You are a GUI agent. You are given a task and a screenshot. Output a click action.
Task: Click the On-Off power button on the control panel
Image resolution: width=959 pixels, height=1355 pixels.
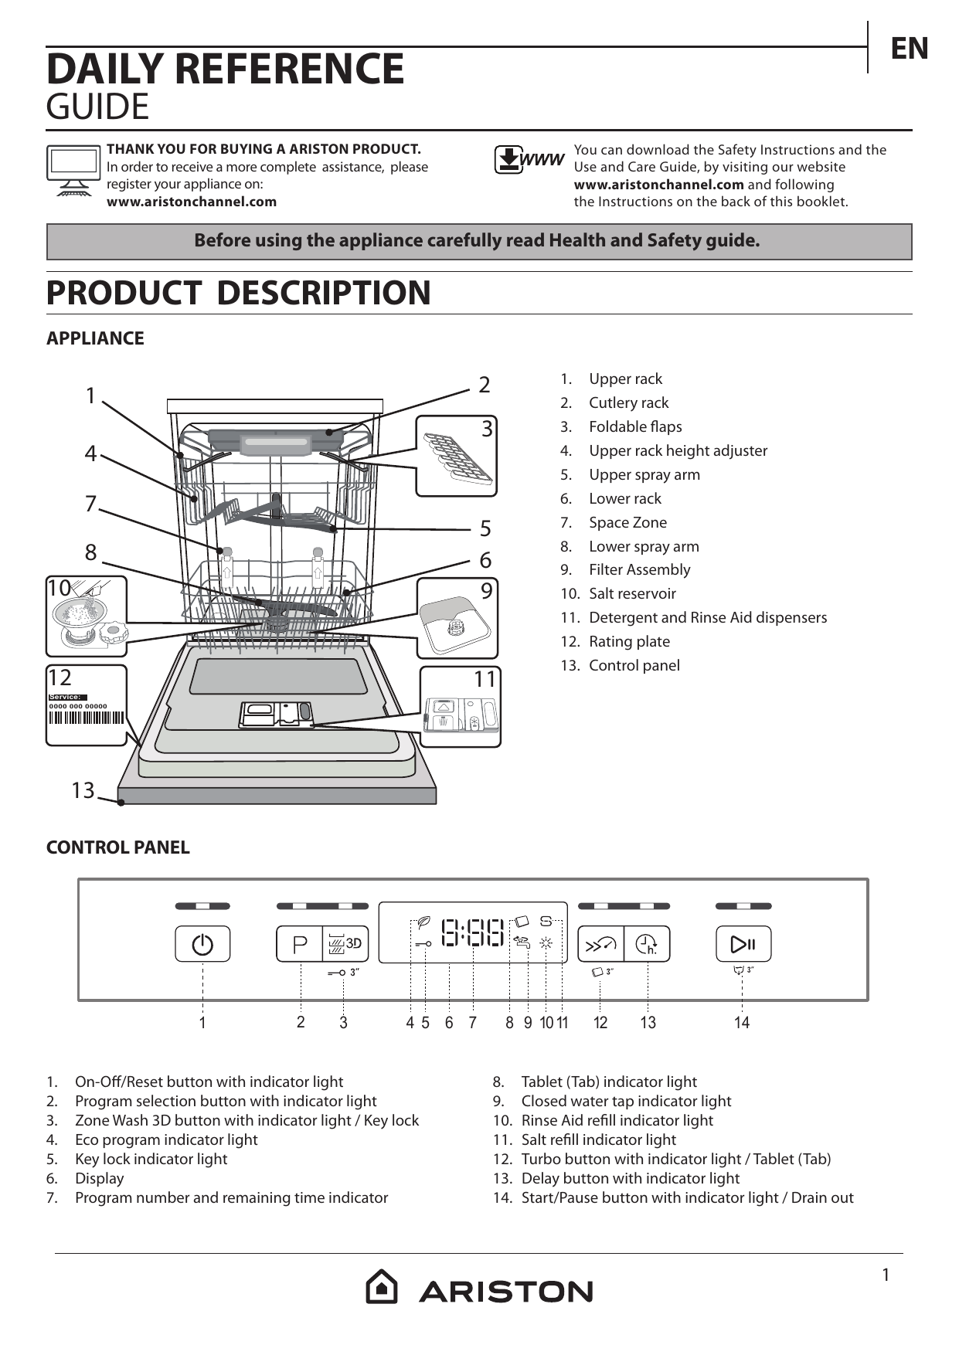point(202,943)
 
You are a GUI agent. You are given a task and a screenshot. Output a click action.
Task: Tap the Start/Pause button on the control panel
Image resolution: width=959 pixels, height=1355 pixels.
point(743,943)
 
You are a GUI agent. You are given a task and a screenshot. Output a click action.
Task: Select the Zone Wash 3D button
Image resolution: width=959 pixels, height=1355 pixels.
point(345,943)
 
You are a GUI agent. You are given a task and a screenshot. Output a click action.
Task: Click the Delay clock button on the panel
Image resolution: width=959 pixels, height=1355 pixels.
point(647,943)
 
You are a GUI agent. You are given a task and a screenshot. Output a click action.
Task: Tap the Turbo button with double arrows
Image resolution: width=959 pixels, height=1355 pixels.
point(601,943)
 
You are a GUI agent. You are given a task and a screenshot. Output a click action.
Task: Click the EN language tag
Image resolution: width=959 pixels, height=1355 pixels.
point(910,49)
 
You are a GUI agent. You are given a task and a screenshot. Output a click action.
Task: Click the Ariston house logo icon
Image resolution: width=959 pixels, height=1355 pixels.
point(382,1286)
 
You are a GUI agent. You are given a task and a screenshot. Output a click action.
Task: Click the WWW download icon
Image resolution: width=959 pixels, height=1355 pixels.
point(529,160)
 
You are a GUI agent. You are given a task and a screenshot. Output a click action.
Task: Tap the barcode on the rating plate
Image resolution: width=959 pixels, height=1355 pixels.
point(86,717)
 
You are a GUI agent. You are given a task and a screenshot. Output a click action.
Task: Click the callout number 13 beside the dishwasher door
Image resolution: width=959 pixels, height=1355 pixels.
point(83,790)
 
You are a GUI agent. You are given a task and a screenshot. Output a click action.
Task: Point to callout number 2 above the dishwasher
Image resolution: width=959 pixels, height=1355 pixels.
point(485,385)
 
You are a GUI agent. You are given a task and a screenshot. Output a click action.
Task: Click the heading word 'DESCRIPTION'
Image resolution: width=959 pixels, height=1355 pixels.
point(324,293)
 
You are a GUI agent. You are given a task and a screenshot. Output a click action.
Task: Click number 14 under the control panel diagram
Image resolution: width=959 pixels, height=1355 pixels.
point(742,1023)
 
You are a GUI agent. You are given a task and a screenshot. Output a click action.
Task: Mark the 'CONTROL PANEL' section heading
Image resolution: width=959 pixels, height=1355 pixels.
point(118,847)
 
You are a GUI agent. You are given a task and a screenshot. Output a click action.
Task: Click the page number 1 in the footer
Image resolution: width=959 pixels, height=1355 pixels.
point(886,1275)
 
